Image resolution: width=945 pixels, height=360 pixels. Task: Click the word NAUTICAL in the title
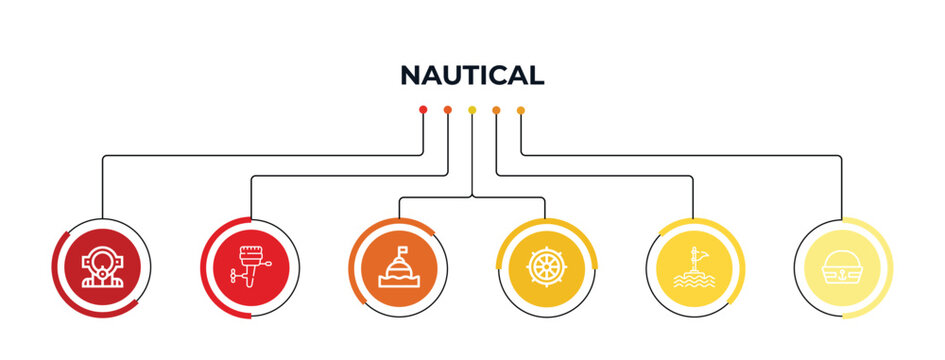472,75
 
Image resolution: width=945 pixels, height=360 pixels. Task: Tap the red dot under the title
423,109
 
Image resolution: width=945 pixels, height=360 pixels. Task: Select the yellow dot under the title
472,109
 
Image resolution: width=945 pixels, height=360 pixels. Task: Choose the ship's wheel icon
547,269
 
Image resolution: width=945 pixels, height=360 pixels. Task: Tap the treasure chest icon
843,269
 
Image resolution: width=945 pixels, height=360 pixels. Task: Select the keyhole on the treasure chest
843,270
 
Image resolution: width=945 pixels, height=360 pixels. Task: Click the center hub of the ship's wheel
547,269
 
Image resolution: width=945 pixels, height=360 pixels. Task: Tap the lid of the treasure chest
843,259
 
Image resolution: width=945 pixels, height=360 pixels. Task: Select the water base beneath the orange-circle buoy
399,283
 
